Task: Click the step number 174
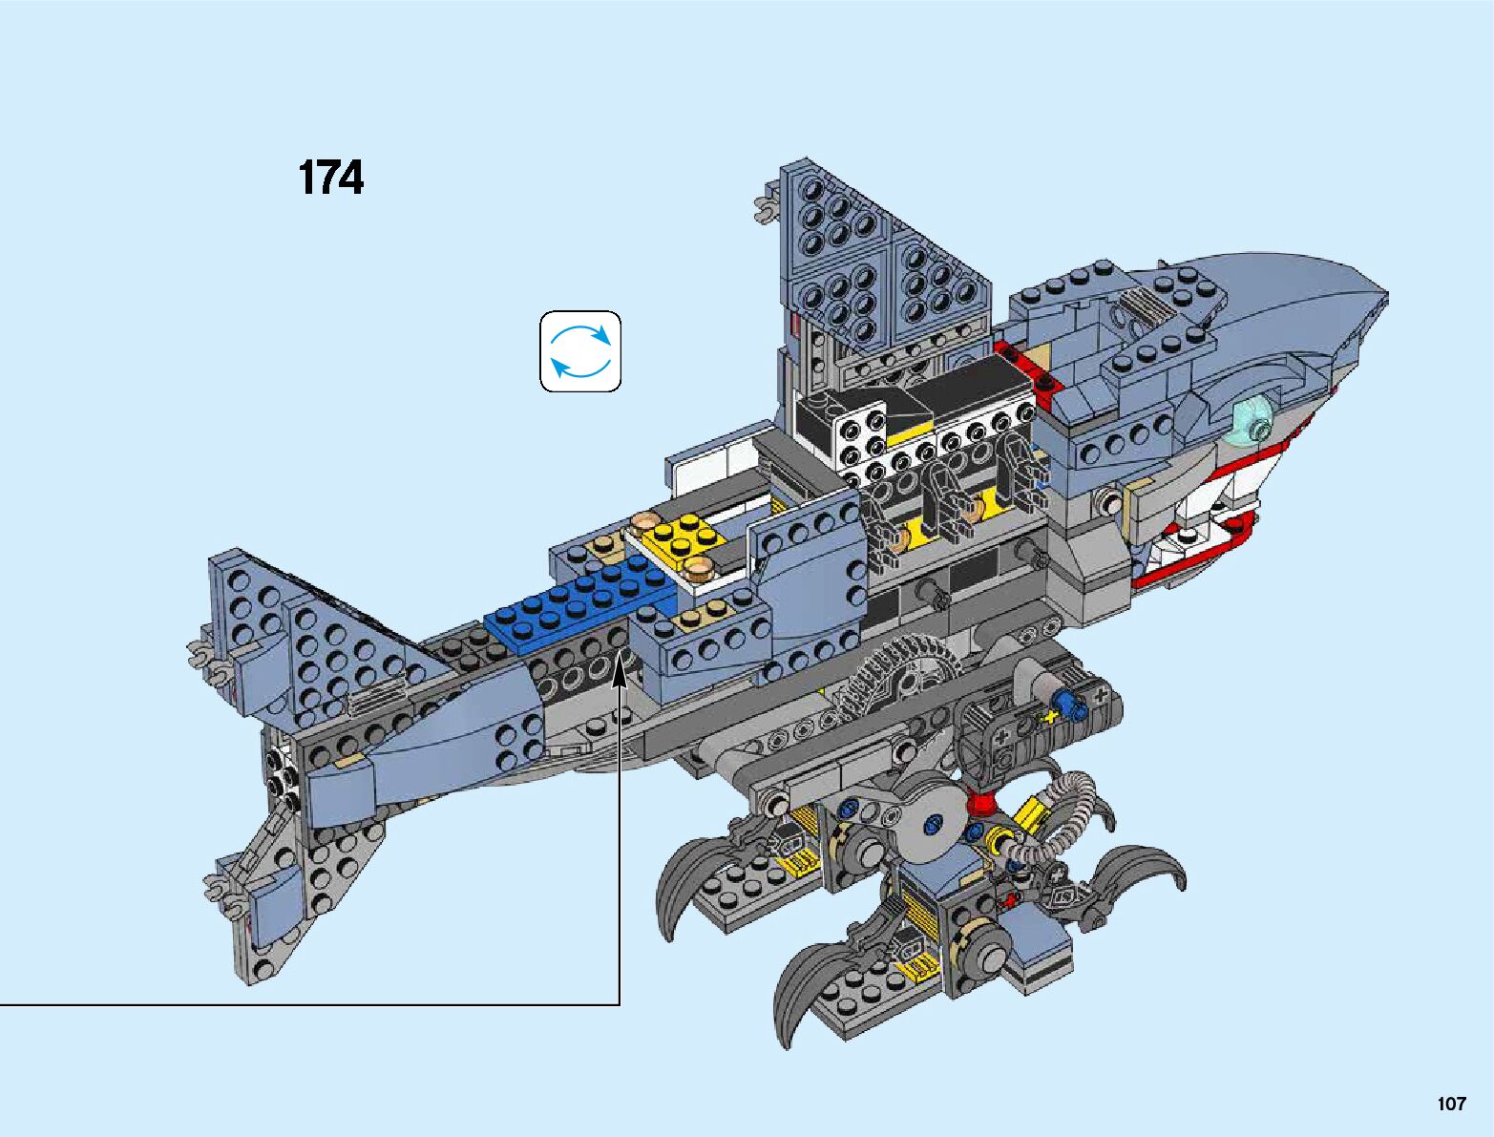click(x=330, y=179)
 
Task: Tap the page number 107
click(x=1450, y=1104)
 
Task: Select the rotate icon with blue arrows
click(x=580, y=351)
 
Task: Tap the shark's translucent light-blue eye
click(x=1253, y=420)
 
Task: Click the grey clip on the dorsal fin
click(x=764, y=206)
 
